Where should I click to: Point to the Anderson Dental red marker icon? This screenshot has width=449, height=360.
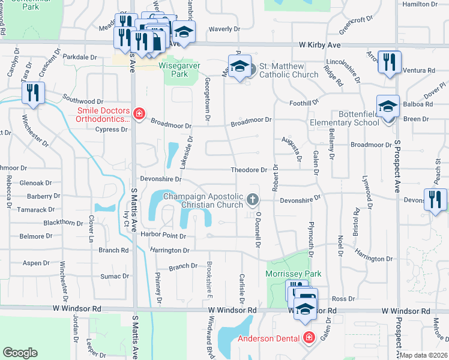click(309, 338)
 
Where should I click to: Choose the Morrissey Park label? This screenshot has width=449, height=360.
click(294, 274)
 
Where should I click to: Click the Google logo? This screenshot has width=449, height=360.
click(20, 353)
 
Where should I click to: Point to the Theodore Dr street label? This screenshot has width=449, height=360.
click(249, 170)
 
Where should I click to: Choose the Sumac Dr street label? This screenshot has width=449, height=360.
click(111, 276)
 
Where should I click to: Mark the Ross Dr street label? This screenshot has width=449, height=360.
click(343, 298)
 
